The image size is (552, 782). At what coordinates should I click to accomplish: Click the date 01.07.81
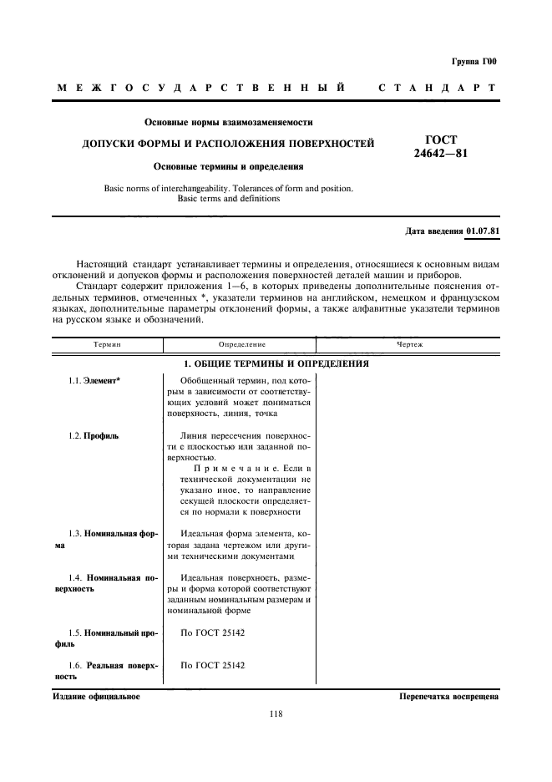482,231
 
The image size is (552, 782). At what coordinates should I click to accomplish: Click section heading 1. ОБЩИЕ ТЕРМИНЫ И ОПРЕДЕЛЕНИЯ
276,364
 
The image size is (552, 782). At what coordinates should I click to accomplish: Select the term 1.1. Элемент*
94,381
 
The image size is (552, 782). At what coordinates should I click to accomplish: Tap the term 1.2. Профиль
94,436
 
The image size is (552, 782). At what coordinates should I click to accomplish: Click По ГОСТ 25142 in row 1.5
214,633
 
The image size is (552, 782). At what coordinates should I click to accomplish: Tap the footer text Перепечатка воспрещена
448,696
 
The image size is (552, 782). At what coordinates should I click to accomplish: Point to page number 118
276,713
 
